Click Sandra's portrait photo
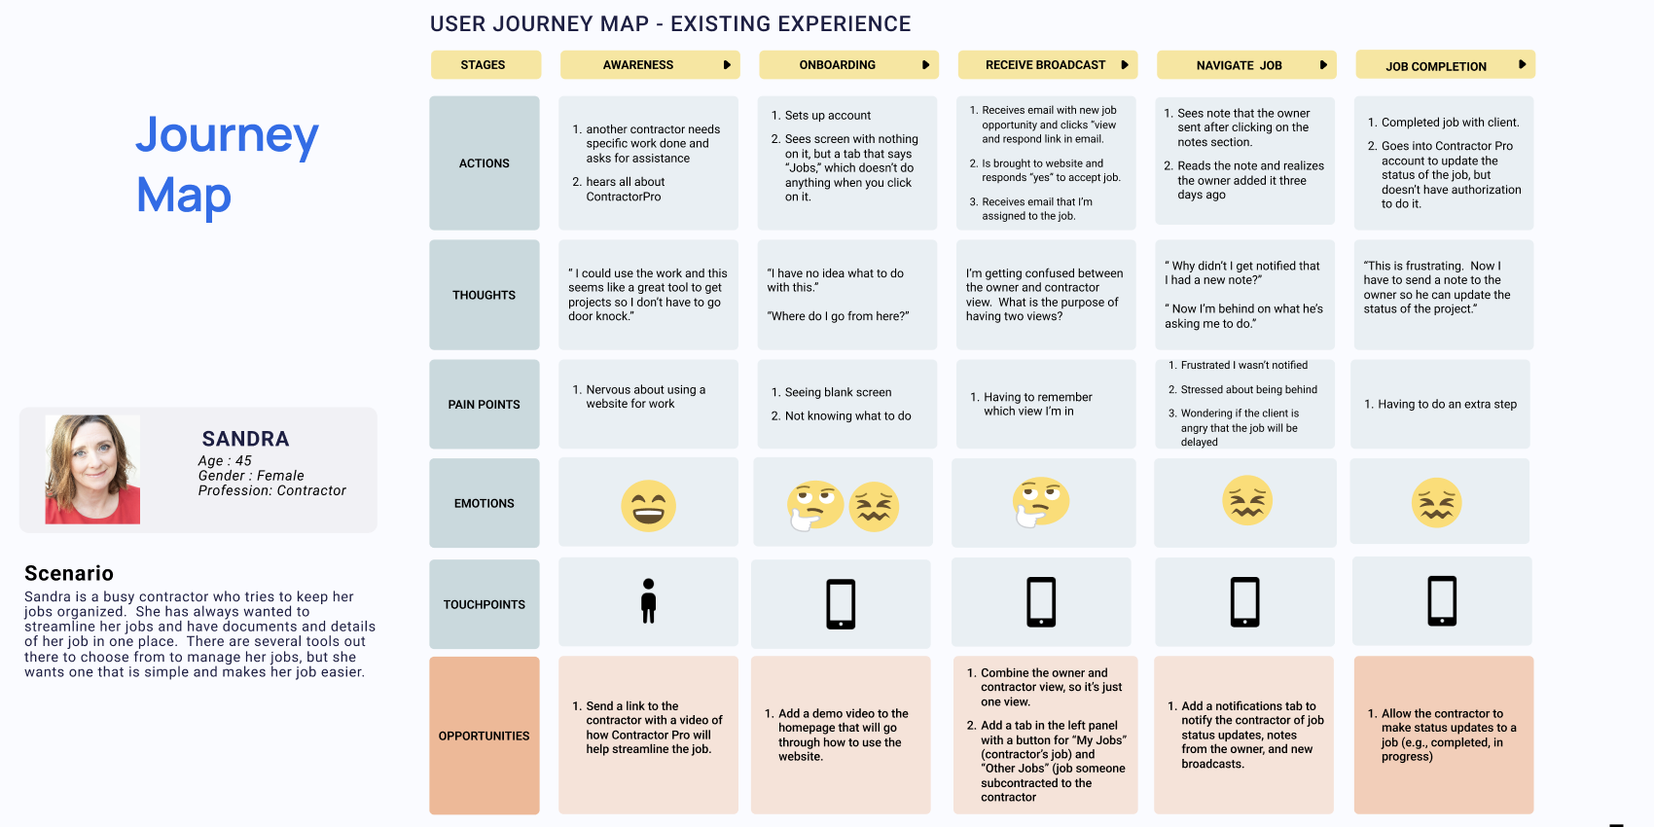tap(92, 469)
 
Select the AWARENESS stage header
tap(638, 65)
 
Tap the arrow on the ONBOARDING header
tap(925, 65)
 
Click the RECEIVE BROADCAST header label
tap(1045, 65)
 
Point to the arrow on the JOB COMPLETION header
tap(1522, 65)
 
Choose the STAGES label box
tap(484, 65)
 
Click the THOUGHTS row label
tap(484, 295)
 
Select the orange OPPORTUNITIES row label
tap(484, 736)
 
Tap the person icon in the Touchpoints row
tap(648, 601)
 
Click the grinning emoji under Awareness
tap(648, 506)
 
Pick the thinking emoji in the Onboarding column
tap(814, 504)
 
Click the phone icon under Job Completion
tap(1442, 601)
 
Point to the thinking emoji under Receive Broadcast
tap(1040, 502)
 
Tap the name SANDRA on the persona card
tap(245, 439)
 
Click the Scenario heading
tap(69, 573)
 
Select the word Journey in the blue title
tap(227, 135)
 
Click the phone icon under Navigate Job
tap(1244, 601)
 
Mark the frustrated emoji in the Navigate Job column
tap(1246, 500)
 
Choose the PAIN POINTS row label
tap(484, 405)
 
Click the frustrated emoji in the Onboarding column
tap(874, 506)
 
